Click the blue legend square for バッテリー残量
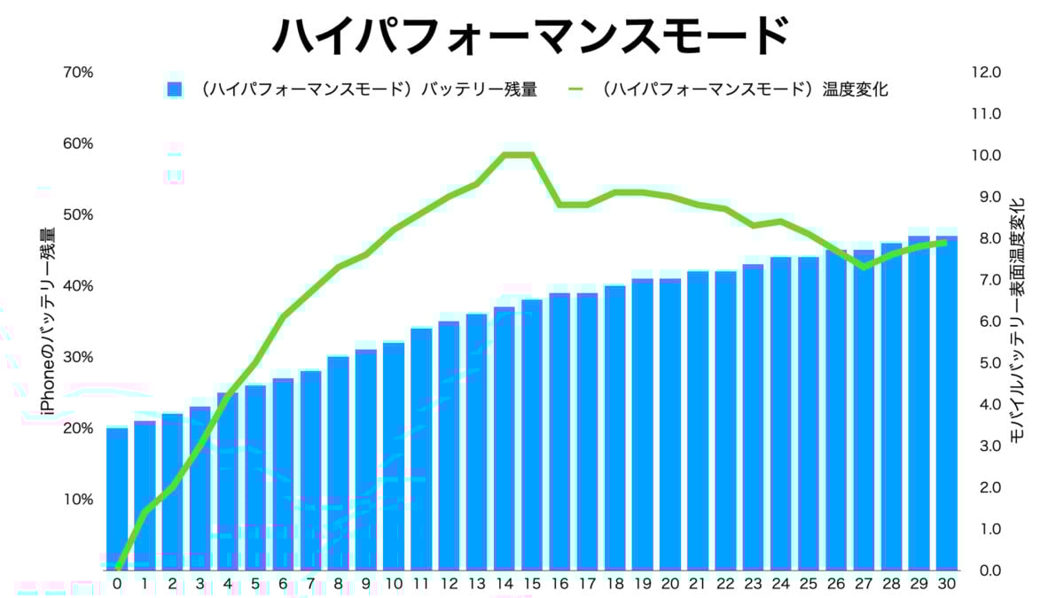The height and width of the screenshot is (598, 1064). pyautogui.click(x=174, y=89)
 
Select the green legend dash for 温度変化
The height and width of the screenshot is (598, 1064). pyautogui.click(x=576, y=89)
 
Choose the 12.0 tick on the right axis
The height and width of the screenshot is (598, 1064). pyautogui.click(x=986, y=72)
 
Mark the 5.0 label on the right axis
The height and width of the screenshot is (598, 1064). pyautogui.click(x=986, y=362)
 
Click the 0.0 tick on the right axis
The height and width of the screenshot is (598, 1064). pyautogui.click(x=986, y=570)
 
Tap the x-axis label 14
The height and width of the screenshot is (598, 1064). pyautogui.click(x=505, y=584)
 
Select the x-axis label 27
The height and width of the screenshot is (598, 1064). pyautogui.click(x=864, y=584)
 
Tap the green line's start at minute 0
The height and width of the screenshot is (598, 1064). pyautogui.click(x=117, y=568)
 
